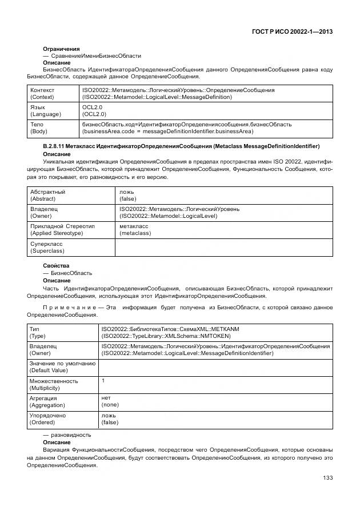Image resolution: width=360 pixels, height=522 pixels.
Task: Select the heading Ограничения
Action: [61, 49]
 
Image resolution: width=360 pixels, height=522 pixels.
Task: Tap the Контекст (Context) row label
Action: [44, 94]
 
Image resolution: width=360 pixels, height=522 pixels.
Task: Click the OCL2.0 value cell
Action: [94, 110]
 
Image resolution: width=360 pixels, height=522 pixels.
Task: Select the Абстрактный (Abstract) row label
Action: [47, 196]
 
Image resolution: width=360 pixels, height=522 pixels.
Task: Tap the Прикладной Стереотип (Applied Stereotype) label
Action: [62, 230]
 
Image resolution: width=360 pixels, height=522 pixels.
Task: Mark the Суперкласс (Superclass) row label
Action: [47, 247]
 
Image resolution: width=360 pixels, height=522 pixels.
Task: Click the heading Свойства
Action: [56, 266]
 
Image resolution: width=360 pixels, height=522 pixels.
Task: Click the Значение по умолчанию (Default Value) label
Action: [62, 367]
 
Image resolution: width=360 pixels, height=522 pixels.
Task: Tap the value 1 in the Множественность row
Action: [103, 381]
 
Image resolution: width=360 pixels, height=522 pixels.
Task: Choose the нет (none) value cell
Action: [110, 401]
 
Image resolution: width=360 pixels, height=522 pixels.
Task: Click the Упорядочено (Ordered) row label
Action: [48, 419]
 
